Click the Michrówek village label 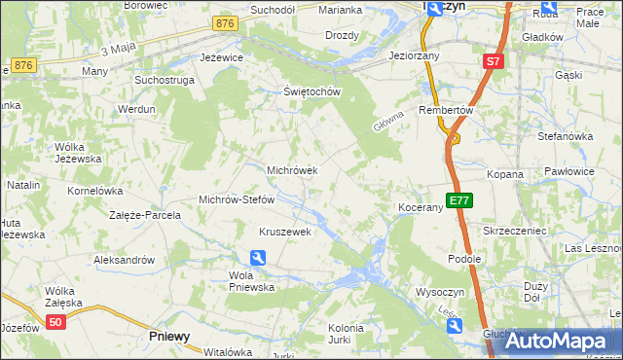[x=292, y=170]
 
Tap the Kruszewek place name [x=284, y=232]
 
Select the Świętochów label [x=310, y=92]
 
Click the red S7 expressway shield [x=494, y=61]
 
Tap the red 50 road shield [x=55, y=322]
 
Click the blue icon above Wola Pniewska [x=258, y=258]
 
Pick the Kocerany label [x=421, y=208]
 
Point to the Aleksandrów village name [x=124, y=260]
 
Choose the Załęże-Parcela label [x=145, y=215]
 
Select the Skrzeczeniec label [x=514, y=231]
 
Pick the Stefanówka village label [x=565, y=136]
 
